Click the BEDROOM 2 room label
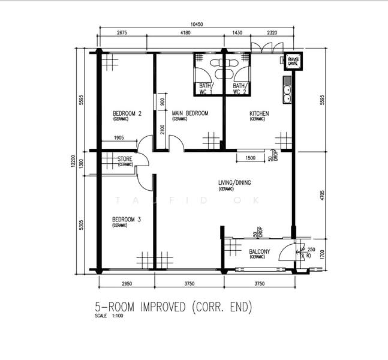click(x=127, y=113)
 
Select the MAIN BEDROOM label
click(x=190, y=113)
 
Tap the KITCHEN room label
click(x=259, y=113)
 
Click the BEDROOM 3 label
click(x=126, y=220)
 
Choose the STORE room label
click(x=126, y=159)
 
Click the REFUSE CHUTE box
click(x=293, y=61)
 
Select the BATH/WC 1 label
click(x=206, y=89)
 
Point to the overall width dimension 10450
click(x=197, y=25)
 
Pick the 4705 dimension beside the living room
click(x=322, y=195)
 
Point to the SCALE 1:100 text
click(x=109, y=317)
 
